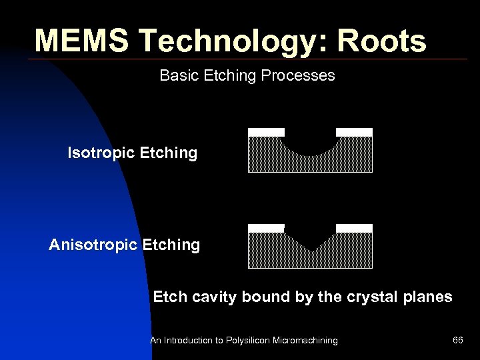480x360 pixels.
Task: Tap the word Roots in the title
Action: point(381,41)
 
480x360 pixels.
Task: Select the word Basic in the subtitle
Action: point(175,75)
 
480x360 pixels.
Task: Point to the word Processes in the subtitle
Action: point(298,75)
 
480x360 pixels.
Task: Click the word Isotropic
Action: point(101,153)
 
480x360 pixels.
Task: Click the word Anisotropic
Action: point(93,245)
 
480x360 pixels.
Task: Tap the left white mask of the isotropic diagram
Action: point(266,132)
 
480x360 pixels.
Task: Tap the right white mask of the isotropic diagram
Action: point(354,132)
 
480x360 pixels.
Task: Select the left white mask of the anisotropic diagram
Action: point(266,228)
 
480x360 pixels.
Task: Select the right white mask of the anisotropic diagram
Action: point(354,228)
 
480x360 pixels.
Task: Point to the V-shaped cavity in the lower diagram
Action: point(311,240)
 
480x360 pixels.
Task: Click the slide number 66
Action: point(458,341)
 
